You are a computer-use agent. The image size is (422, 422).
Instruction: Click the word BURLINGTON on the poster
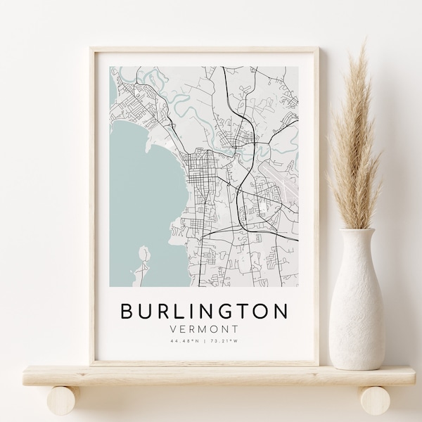[204, 311]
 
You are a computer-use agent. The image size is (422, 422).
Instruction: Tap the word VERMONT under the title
[204, 328]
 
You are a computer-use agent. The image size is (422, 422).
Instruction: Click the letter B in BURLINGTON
[128, 311]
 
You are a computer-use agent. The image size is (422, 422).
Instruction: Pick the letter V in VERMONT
[173, 328]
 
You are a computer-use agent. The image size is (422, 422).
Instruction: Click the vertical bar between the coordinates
[204, 341]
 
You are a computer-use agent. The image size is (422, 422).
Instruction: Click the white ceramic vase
[357, 302]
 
